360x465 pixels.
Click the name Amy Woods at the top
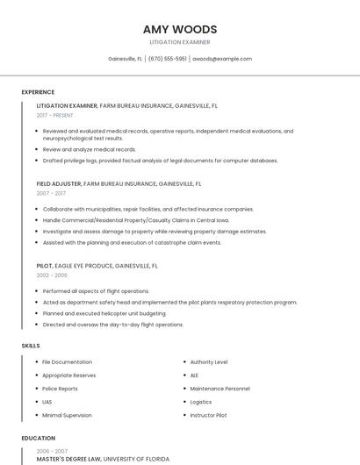(x=180, y=29)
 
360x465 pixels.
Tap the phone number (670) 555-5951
(x=167, y=59)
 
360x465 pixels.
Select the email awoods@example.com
(x=222, y=59)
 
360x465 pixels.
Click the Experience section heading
(x=38, y=92)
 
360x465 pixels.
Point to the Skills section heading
(x=31, y=346)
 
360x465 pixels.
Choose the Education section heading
(x=38, y=438)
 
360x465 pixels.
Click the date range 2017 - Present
(x=55, y=115)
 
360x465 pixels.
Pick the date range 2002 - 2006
(x=52, y=275)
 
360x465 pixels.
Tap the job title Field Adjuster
(x=59, y=184)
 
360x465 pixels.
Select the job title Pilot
(x=45, y=265)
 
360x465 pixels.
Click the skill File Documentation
(x=68, y=361)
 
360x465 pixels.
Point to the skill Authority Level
(x=209, y=361)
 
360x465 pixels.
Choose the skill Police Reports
(x=61, y=388)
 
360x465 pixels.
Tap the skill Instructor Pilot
(x=209, y=415)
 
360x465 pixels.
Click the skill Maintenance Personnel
(x=220, y=388)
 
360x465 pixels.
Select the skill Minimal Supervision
(x=67, y=415)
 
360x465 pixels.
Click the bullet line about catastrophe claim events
(x=133, y=242)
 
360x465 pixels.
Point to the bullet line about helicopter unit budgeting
(x=104, y=313)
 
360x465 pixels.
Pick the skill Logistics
(x=201, y=402)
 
